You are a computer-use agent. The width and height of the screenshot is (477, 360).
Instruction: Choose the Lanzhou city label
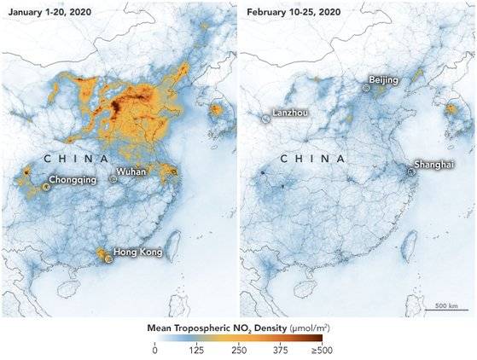[x=290, y=113]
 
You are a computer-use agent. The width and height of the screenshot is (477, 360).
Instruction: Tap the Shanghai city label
[x=433, y=163]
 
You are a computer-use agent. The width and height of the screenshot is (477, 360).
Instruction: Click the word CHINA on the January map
[x=75, y=160]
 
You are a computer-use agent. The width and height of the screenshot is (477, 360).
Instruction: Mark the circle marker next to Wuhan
[x=114, y=179]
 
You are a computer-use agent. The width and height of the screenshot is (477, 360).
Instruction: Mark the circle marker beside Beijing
[x=365, y=87]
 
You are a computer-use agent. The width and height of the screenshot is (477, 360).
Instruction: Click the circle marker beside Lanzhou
[x=265, y=120]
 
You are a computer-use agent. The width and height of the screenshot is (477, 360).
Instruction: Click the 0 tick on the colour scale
[x=154, y=350]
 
